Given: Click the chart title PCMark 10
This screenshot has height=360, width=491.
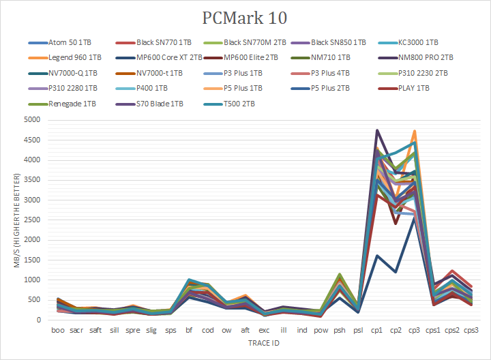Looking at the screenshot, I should click(x=245, y=17).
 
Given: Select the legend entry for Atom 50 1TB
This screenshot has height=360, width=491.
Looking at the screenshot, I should click(x=72, y=42).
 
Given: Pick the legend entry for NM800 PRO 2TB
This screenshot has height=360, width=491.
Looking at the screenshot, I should click(x=426, y=58).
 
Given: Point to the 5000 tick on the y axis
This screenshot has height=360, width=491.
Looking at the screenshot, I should click(x=32, y=119).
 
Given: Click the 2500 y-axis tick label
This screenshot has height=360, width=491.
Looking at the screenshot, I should click(x=32, y=220).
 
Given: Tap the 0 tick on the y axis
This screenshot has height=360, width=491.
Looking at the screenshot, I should click(x=39, y=320).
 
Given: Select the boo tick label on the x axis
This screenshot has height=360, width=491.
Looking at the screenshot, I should click(x=59, y=330).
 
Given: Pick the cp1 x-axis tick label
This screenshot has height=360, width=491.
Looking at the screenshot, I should click(x=376, y=330).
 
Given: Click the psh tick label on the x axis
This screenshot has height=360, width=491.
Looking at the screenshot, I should click(x=338, y=330).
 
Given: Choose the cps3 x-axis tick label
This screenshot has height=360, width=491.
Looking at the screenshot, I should click(x=471, y=330).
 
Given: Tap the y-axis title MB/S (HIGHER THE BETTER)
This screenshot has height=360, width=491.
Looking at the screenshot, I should click(x=18, y=220).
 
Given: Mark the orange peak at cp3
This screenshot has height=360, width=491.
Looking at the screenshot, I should click(x=415, y=131).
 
